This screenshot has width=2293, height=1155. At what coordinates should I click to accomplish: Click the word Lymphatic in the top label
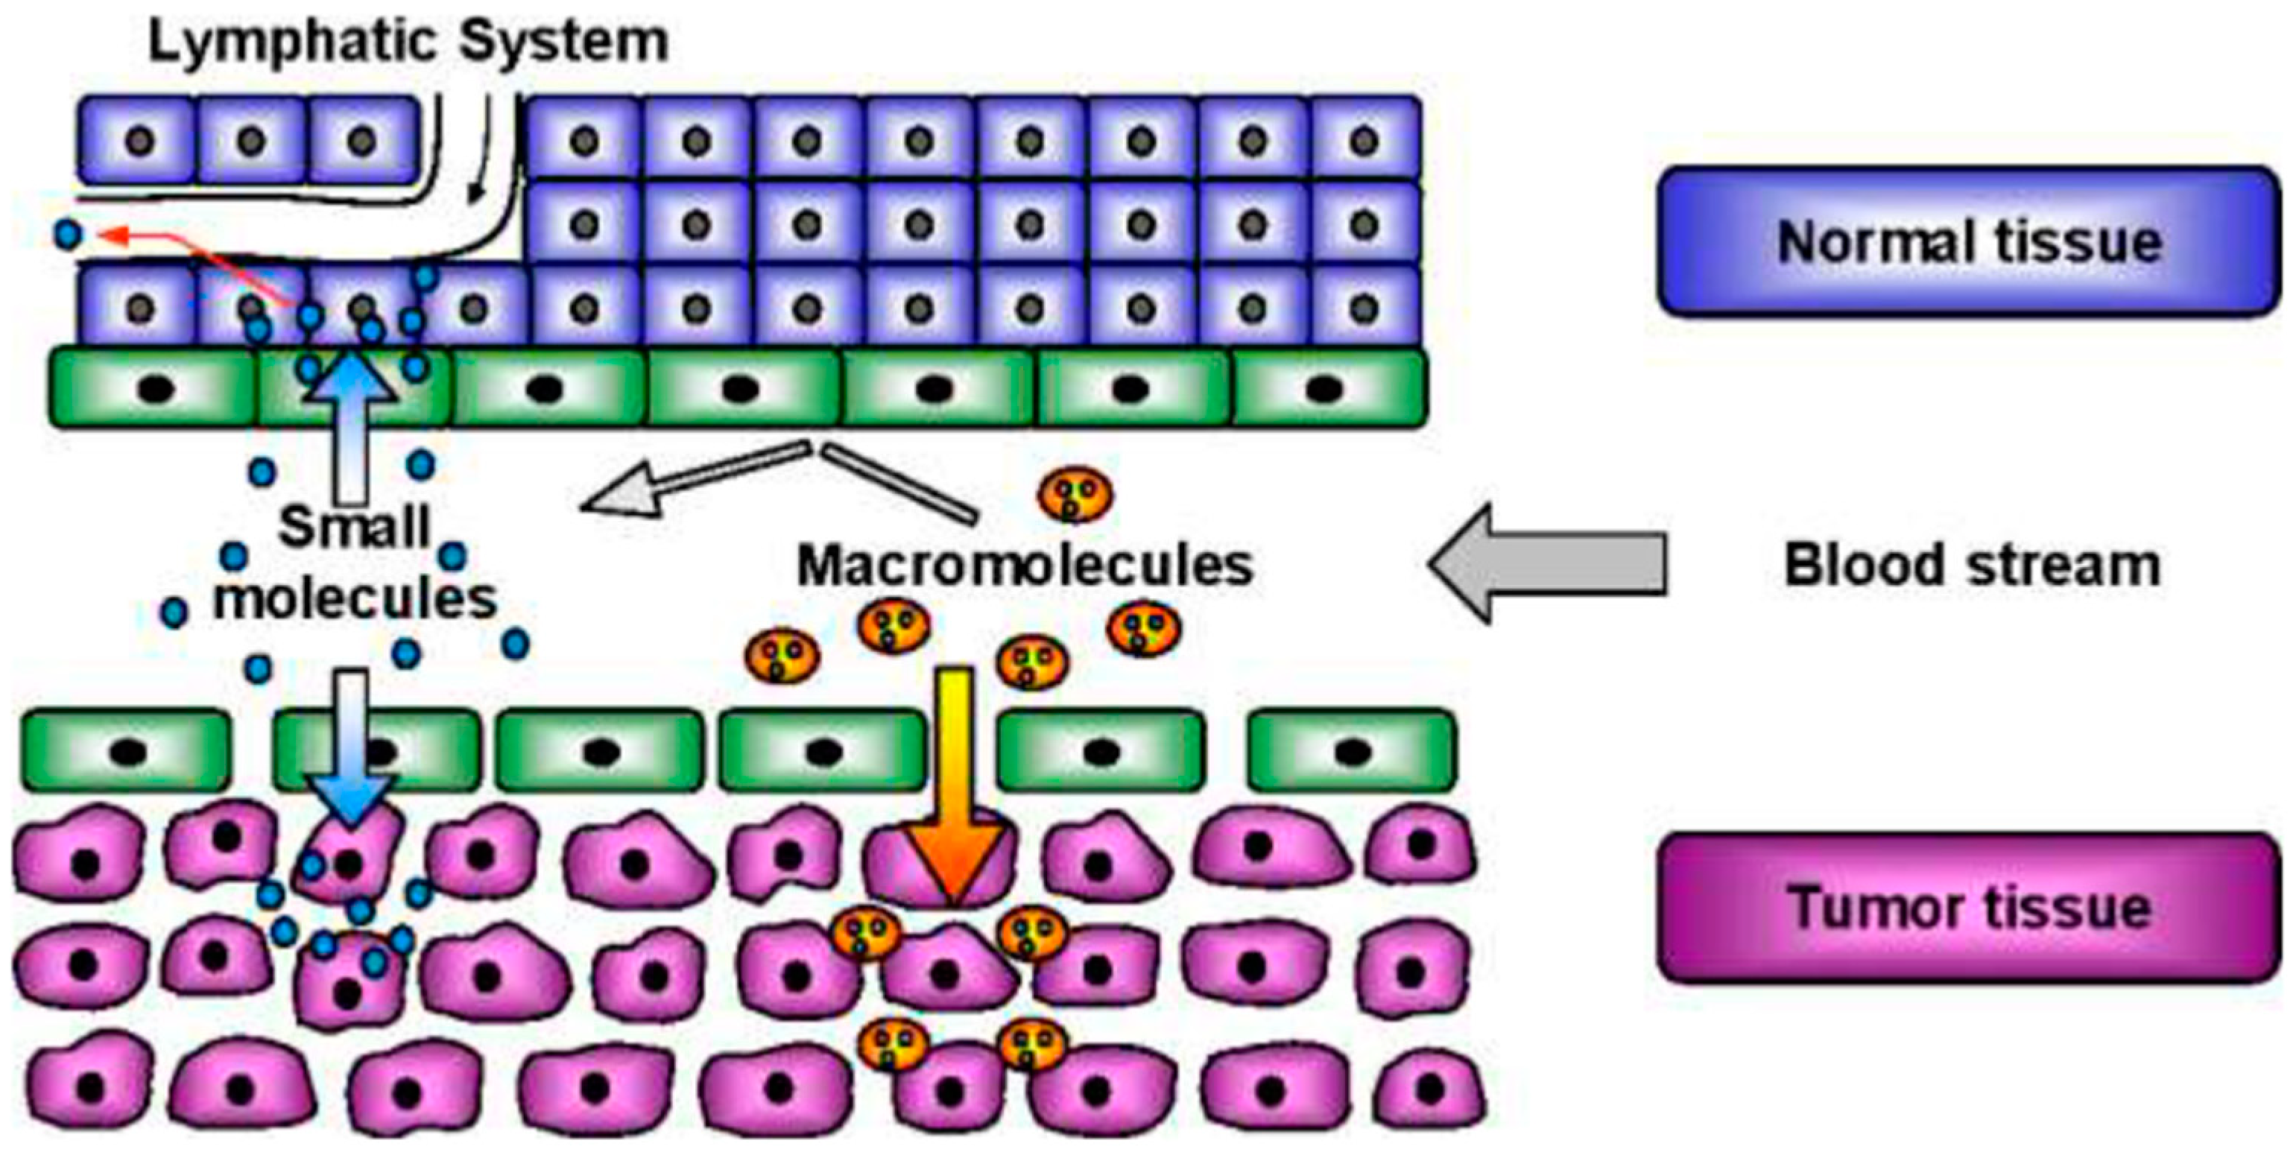click(294, 42)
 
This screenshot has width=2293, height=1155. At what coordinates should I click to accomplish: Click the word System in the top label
click(564, 42)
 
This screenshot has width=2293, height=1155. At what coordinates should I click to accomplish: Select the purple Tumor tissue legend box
click(1967, 908)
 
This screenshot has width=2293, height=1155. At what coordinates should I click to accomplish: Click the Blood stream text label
click(1972, 565)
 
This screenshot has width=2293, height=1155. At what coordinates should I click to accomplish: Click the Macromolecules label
click(1024, 565)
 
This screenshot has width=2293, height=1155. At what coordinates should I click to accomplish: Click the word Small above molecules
click(354, 527)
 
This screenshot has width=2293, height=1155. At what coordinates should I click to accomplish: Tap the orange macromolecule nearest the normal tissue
click(1075, 494)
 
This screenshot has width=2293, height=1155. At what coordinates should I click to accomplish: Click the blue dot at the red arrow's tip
click(68, 235)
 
